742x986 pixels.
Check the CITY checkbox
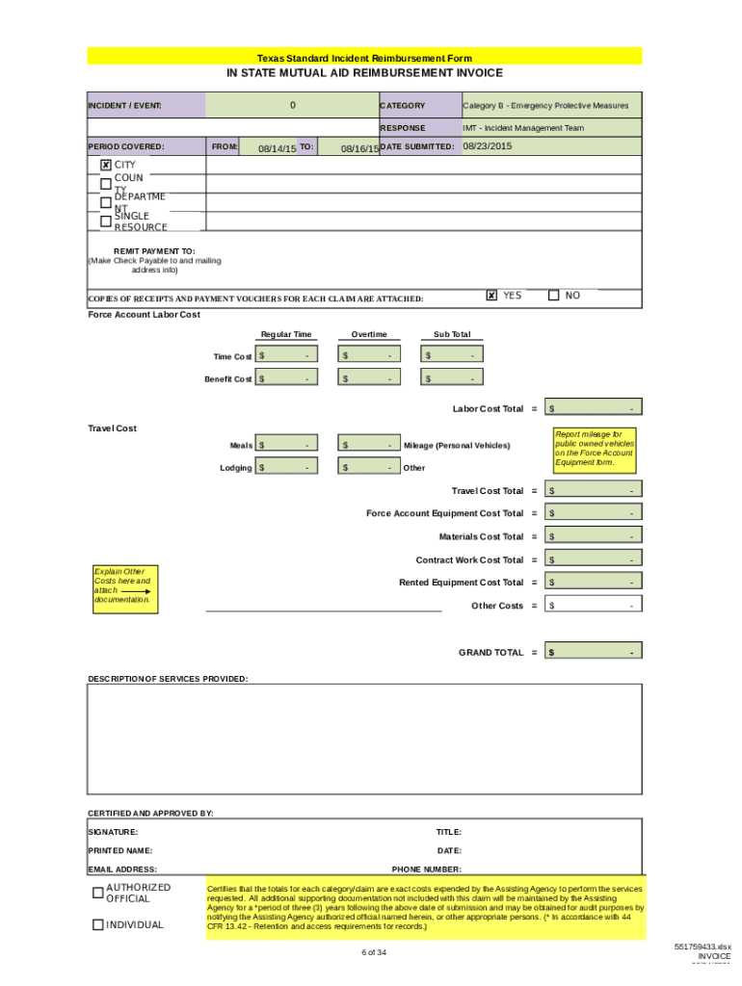click(106, 165)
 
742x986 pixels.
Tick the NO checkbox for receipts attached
click(553, 296)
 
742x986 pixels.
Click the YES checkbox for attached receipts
click(491, 296)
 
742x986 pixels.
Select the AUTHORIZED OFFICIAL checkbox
click(97, 893)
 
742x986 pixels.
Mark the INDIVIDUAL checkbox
click(97, 924)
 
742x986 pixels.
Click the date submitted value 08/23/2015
click(487, 146)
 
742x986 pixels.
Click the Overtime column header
click(369, 334)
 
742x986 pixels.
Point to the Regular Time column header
click(286, 334)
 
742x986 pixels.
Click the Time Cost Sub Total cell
click(451, 356)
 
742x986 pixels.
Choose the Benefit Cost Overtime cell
click(369, 378)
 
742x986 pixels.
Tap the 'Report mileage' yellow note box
click(595, 449)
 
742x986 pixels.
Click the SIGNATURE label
click(113, 832)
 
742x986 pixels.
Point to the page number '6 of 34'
click(374, 952)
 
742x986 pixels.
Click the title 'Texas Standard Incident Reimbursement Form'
click(364, 58)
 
